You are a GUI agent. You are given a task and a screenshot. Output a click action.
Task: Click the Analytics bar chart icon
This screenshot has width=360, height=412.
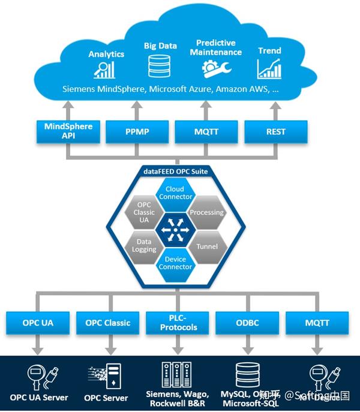pyautogui.click(x=104, y=70)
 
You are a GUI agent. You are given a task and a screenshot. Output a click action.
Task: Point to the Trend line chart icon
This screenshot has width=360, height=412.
pyautogui.click(x=269, y=68)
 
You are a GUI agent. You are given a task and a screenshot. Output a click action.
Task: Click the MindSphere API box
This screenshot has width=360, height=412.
pyautogui.click(x=67, y=131)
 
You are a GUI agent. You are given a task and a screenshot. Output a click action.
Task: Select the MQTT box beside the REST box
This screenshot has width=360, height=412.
pyautogui.click(x=206, y=131)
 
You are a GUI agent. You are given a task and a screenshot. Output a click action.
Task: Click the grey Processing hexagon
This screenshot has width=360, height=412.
pyautogui.click(x=206, y=212)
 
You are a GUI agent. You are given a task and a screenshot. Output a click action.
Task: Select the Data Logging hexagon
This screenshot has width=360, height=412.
pyautogui.click(x=144, y=245)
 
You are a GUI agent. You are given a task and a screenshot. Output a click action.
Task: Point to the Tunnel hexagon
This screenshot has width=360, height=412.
pyautogui.click(x=206, y=246)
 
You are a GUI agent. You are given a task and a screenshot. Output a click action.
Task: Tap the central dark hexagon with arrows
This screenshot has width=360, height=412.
pyautogui.click(x=175, y=228)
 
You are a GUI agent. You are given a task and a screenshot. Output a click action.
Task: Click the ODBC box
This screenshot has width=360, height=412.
pyautogui.click(x=247, y=323)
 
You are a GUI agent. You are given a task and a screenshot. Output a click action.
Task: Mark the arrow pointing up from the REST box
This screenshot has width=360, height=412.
pyautogui.click(x=275, y=110)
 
